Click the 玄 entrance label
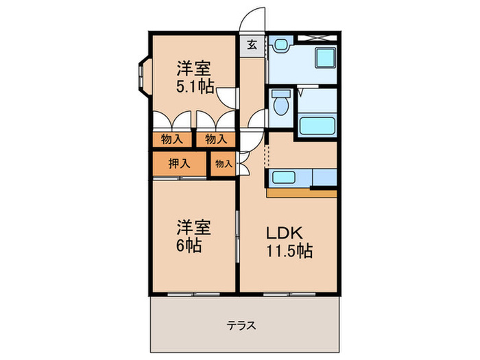click(x=252, y=45)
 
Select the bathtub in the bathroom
click(x=317, y=126)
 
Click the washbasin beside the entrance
click(x=281, y=45)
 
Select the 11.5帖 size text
click(x=289, y=250)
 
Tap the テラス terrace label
click(x=243, y=326)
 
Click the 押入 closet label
click(x=179, y=164)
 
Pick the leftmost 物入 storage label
click(x=172, y=139)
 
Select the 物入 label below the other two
click(x=223, y=165)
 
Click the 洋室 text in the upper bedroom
click(x=193, y=68)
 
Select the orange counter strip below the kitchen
click(x=302, y=193)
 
